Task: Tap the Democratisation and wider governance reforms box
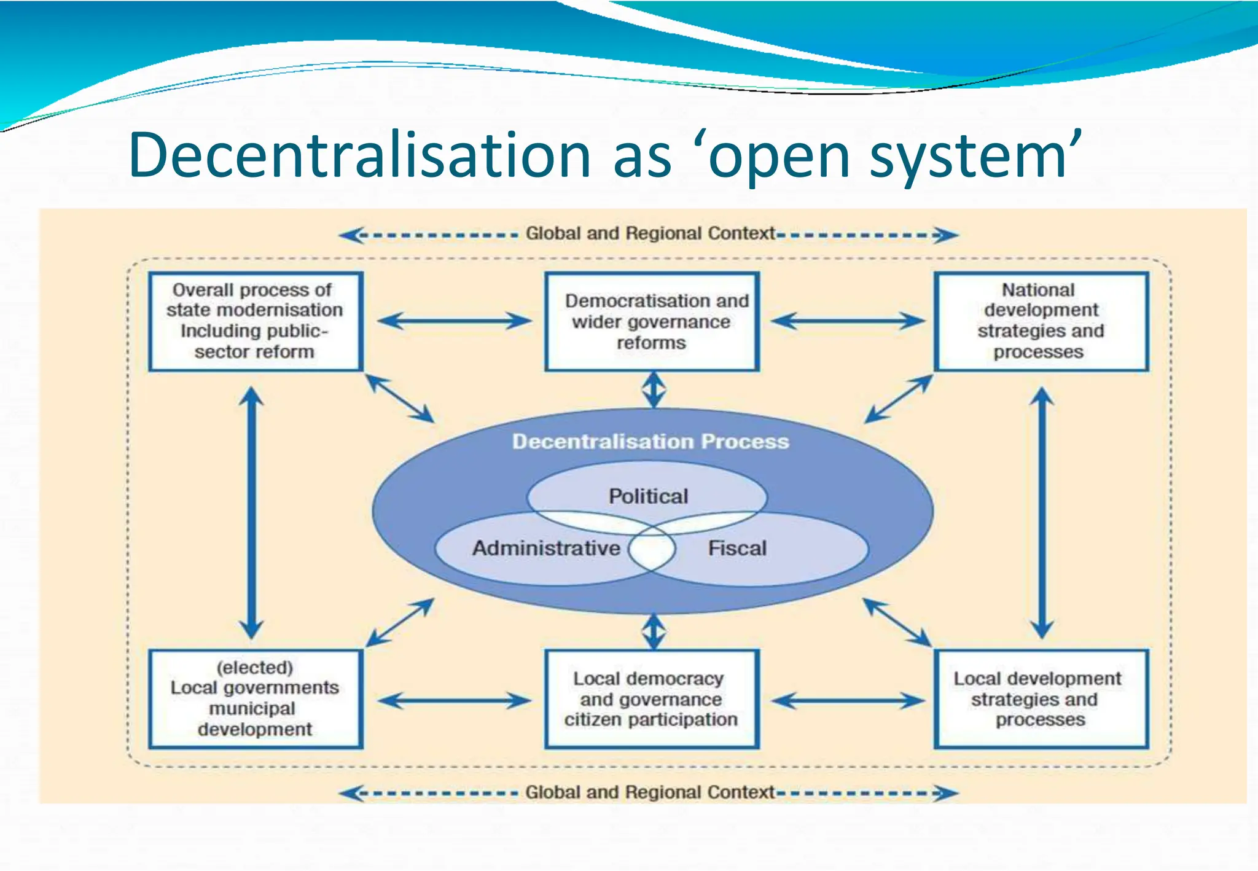[652, 321]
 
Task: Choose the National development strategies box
[1041, 321]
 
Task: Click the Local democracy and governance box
[652, 699]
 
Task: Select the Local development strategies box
[1041, 699]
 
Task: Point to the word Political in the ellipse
[648, 496]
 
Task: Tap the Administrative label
[545, 548]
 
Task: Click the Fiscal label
[737, 548]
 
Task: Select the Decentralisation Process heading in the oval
[650, 442]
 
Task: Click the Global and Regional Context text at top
[650, 233]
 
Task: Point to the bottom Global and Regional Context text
[650, 792]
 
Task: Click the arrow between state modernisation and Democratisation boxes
[455, 321]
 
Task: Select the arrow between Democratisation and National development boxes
[848, 321]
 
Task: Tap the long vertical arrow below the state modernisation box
[251, 513]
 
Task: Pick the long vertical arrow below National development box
[1042, 513]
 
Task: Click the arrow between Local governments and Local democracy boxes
[455, 700]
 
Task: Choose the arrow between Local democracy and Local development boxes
[848, 700]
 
